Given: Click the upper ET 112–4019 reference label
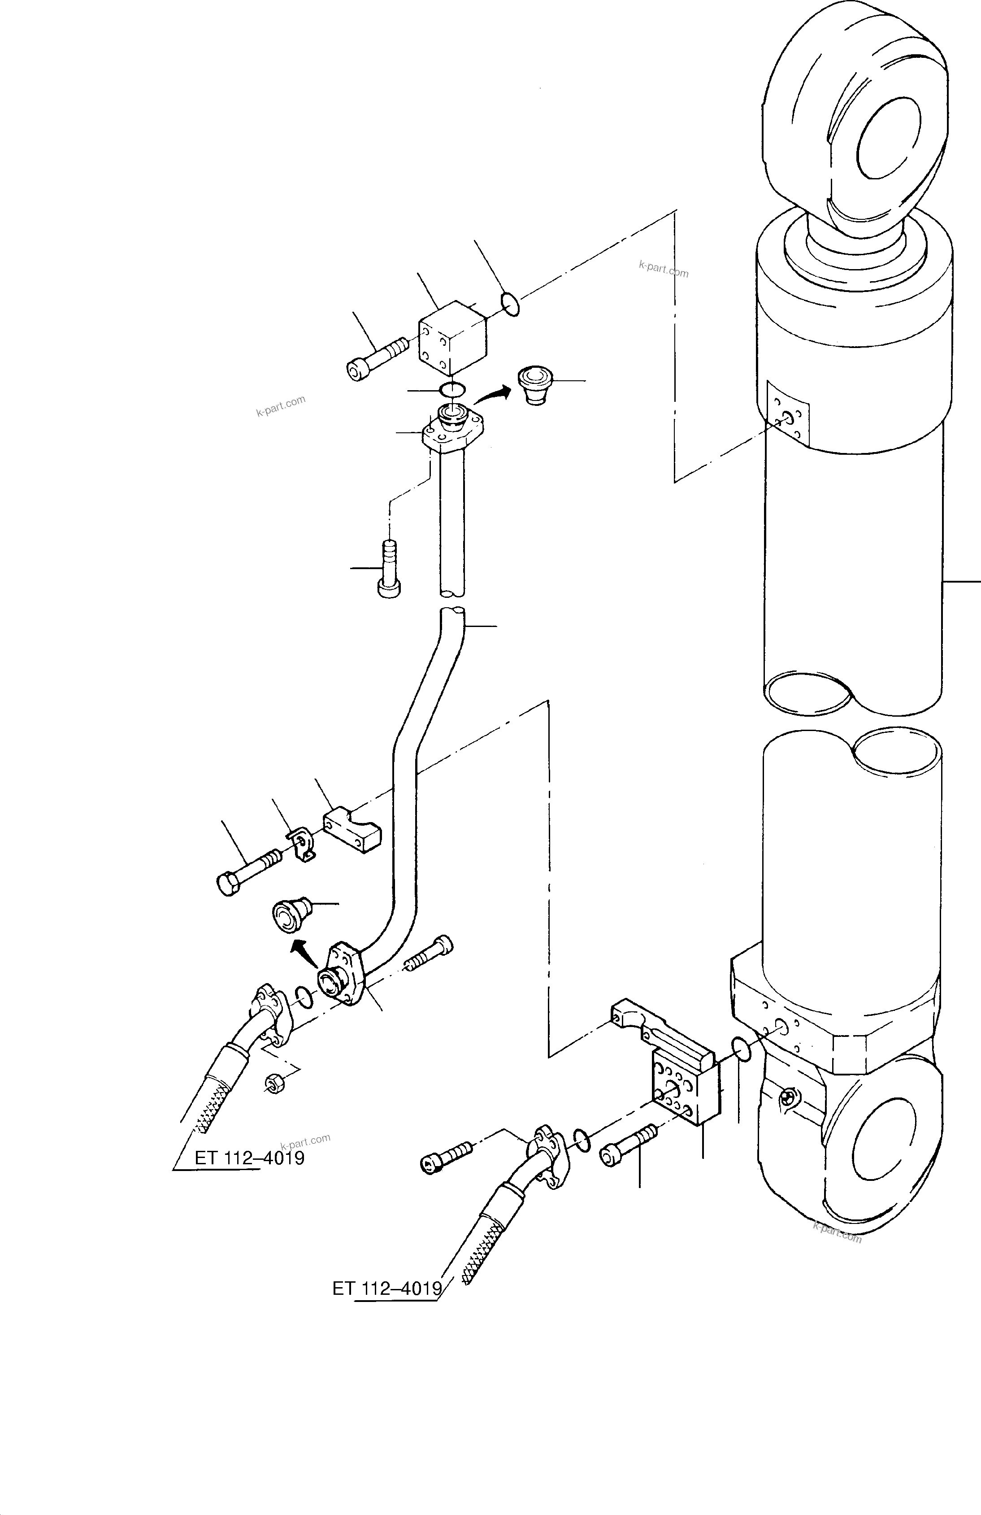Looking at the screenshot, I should pyautogui.click(x=249, y=1158).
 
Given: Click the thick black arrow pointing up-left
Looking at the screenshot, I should pyautogui.click(x=303, y=954).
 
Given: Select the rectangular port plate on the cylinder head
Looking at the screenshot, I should pyautogui.click(x=788, y=413).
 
